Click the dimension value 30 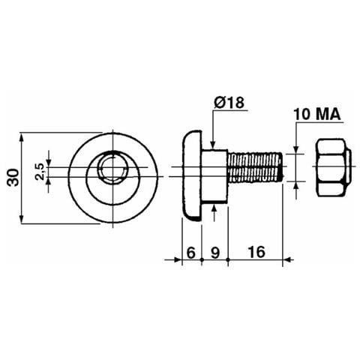pyautogui.click(x=13, y=177)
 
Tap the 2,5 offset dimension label pyautogui.click(x=40, y=172)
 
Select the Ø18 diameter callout pyautogui.click(x=229, y=103)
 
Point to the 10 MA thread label pyautogui.click(x=317, y=114)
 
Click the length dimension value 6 pyautogui.click(x=190, y=253)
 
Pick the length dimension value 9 pyautogui.click(x=215, y=253)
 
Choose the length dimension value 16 pyautogui.click(x=256, y=252)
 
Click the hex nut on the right pyautogui.click(x=334, y=168)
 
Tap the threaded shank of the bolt pyautogui.click(x=255, y=168)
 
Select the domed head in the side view pyautogui.click(x=192, y=175)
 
